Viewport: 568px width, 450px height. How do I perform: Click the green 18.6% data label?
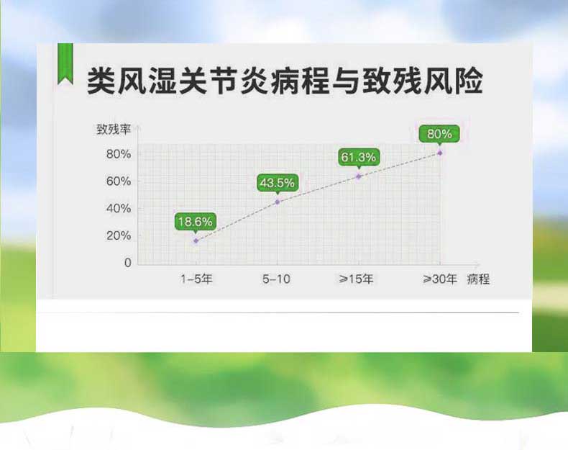(196, 222)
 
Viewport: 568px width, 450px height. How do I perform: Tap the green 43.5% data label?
(277, 183)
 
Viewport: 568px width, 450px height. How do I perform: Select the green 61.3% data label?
(359, 157)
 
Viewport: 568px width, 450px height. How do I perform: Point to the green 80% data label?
(439, 134)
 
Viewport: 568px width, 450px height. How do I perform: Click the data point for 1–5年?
(196, 240)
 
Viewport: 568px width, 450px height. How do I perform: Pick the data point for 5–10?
(278, 202)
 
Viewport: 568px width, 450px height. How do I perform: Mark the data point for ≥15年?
(359, 176)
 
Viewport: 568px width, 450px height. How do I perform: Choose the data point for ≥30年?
(440, 153)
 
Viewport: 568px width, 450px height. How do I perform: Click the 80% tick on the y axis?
(119, 154)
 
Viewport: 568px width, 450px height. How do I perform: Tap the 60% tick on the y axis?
(119, 181)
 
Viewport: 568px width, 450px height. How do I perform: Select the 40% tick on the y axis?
(119, 209)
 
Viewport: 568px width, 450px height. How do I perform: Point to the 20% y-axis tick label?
(119, 235)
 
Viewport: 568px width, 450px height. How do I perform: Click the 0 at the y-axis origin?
(128, 263)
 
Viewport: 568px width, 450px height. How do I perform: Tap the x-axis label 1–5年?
(196, 279)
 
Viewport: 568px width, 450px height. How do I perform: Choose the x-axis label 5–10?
(276, 279)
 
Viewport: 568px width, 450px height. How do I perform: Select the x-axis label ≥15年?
(356, 279)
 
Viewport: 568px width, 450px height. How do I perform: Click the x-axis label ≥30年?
(440, 279)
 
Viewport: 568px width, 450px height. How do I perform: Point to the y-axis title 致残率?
(114, 129)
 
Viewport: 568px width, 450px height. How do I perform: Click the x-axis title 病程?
(479, 279)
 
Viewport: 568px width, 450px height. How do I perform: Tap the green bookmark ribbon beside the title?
(65, 63)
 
